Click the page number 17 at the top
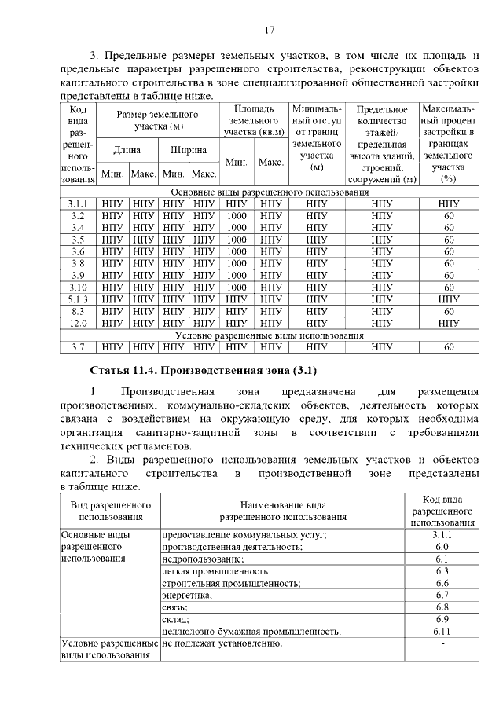pyautogui.click(x=269, y=31)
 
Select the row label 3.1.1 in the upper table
pyautogui.click(x=78, y=204)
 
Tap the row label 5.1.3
pyautogui.click(x=78, y=299)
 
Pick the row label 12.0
pyautogui.click(x=78, y=323)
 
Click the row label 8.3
pyautogui.click(x=78, y=311)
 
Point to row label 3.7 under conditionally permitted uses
pyautogui.click(x=78, y=346)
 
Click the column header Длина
pyautogui.click(x=127, y=149)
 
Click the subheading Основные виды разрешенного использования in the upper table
pyautogui.click(x=269, y=192)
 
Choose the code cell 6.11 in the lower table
pyautogui.click(x=442, y=631)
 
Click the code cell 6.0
pyautogui.click(x=442, y=546)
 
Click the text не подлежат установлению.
pyautogui.click(x=222, y=644)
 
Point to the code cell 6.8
pyautogui.click(x=442, y=607)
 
